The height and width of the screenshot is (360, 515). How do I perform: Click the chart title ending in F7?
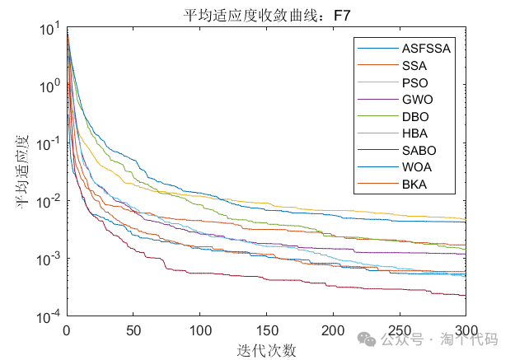coord(265,13)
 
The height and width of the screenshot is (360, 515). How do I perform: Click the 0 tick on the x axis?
coord(67,330)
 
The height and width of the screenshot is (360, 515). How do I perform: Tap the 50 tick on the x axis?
coord(133,330)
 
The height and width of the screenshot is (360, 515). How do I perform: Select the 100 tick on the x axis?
coord(200,330)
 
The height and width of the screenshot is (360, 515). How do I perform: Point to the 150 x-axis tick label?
coord(267,330)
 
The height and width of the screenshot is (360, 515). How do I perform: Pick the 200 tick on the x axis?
coord(333,330)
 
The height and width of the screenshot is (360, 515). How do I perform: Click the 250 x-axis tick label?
coord(400,330)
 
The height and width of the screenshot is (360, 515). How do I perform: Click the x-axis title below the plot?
coord(265,349)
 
